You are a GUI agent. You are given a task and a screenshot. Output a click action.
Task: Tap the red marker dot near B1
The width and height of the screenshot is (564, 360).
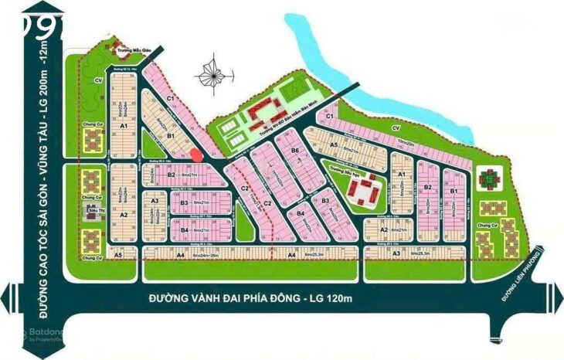196,154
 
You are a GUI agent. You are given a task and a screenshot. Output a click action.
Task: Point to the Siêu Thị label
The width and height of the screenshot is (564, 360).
95,209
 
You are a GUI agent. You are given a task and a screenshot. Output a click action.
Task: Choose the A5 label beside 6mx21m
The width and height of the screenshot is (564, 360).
334,144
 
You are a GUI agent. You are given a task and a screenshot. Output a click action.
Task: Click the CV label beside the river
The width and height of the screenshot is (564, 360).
395,127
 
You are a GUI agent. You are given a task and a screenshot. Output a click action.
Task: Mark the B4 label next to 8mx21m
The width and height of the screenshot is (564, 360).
185,230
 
